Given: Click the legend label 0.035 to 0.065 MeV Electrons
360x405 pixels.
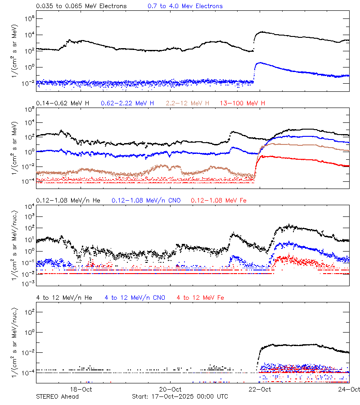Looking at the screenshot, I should pyautogui.click(x=81, y=6).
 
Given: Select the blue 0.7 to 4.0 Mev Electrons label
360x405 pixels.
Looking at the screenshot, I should pyautogui.click(x=185, y=6).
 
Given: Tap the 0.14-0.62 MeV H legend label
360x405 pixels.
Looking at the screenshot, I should pyautogui.click(x=63, y=103).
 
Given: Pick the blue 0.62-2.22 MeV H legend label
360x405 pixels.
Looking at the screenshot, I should pyautogui.click(x=127, y=103).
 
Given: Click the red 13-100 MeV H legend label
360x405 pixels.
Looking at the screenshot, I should pyautogui.click(x=243, y=103).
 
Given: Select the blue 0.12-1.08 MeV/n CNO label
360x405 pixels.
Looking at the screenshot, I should pyautogui.click(x=146, y=200).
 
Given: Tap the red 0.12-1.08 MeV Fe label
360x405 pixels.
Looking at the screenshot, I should pyautogui.click(x=219, y=200).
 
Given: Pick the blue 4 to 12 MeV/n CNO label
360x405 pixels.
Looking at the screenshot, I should pyautogui.click(x=135, y=297).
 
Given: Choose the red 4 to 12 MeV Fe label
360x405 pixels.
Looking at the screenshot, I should pyautogui.click(x=200, y=297).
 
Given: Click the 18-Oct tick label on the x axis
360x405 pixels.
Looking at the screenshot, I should pyautogui.click(x=81, y=389).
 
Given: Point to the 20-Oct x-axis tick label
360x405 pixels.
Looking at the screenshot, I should pyautogui.click(x=171, y=389).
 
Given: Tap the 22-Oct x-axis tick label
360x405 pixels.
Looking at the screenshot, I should pyautogui.click(x=260, y=389).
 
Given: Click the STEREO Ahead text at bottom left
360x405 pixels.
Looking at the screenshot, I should pyautogui.click(x=57, y=396).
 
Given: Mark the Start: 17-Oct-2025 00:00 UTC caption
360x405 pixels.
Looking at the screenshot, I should pyautogui.click(x=180, y=396).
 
